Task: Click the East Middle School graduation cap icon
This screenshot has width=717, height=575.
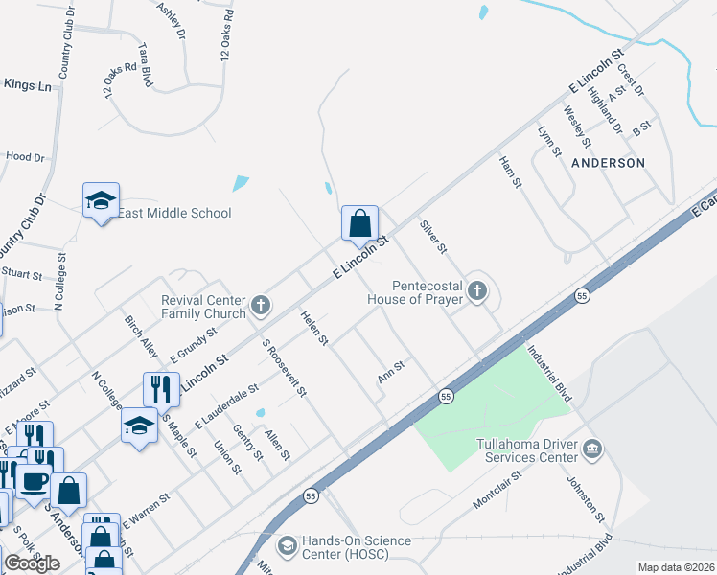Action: click(101, 200)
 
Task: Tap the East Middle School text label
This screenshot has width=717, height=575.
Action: click(174, 214)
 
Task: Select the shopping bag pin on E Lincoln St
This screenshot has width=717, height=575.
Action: click(359, 224)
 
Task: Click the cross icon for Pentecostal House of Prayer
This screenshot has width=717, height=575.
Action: click(476, 298)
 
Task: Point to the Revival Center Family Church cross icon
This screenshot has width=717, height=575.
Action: click(259, 307)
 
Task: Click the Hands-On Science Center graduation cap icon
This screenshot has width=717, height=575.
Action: click(287, 546)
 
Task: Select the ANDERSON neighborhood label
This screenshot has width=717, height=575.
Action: click(609, 163)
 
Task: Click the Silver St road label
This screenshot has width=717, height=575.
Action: click(434, 236)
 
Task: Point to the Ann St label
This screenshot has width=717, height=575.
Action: click(392, 371)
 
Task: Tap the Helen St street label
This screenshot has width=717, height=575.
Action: click(315, 328)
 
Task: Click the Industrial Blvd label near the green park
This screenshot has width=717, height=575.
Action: click(549, 375)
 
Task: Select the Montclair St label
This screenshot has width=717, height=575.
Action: click(496, 490)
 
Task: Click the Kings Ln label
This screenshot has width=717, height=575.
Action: click(28, 85)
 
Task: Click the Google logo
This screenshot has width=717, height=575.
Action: click(32, 563)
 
